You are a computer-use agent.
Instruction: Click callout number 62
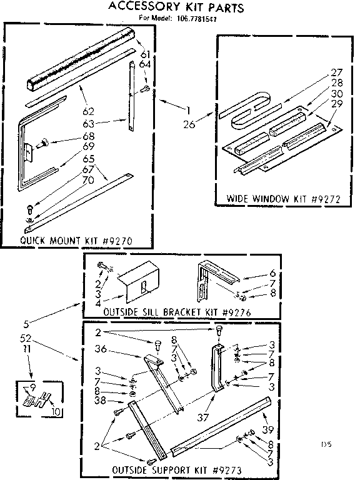point(87,111)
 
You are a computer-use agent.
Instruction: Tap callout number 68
point(88,136)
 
